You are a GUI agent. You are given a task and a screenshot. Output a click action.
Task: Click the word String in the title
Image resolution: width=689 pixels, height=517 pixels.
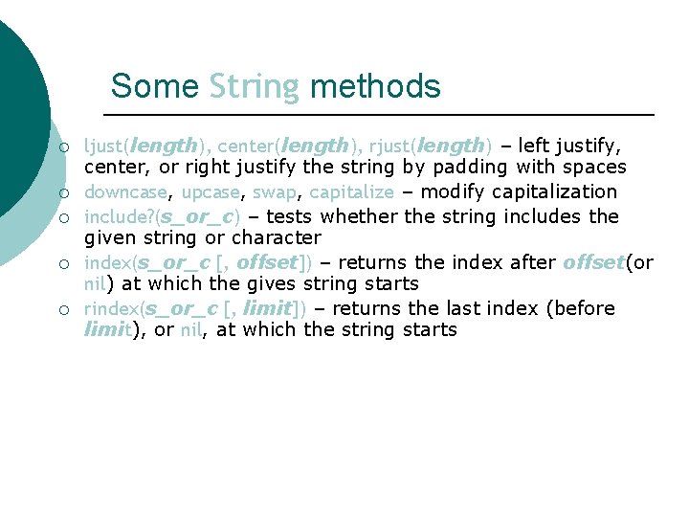coord(254,87)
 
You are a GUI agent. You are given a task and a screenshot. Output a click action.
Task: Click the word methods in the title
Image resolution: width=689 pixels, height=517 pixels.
coord(375,87)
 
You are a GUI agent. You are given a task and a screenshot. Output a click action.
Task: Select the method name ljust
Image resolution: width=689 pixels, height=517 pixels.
coord(102,146)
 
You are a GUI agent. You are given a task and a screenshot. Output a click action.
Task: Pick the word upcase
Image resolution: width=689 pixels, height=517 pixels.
coord(211,192)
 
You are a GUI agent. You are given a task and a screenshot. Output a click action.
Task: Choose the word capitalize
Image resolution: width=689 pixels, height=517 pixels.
coord(351,192)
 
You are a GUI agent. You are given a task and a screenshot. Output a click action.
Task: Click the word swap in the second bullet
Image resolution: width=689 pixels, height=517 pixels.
coord(275,192)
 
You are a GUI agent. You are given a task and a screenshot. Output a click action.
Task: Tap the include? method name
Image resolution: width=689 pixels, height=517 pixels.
coord(120,216)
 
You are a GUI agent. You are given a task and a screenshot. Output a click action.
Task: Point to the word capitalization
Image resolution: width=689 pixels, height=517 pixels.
coord(554,192)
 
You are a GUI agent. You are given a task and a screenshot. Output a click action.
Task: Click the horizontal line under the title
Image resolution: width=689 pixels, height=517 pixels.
coord(383,115)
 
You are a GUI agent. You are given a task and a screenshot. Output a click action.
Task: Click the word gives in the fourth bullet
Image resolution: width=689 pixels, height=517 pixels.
coord(272,284)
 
